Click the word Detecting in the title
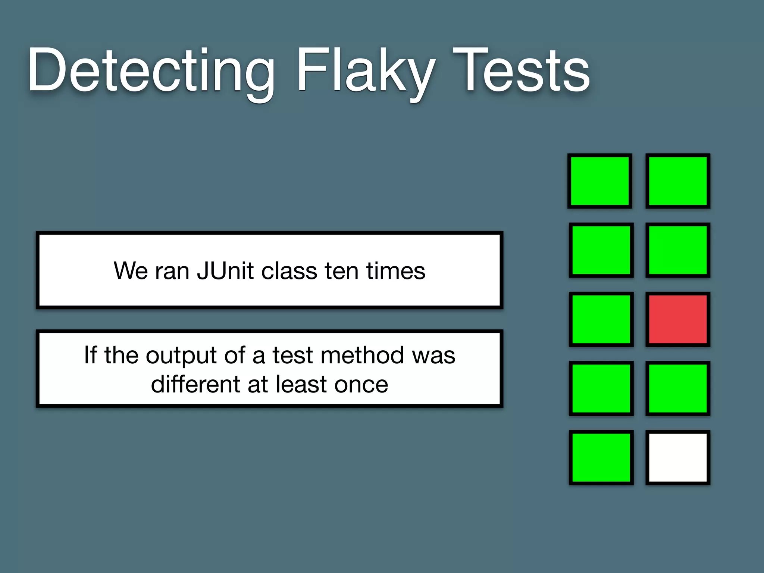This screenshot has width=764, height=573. tap(151, 71)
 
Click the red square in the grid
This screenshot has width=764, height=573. tap(678, 319)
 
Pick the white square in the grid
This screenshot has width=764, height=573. tap(678, 457)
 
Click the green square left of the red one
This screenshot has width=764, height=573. tap(601, 319)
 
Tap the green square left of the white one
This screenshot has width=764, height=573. tap(601, 457)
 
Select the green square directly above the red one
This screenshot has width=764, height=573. tap(678, 250)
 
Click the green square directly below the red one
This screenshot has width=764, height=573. tap(678, 388)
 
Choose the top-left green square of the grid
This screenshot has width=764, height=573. tap(600, 181)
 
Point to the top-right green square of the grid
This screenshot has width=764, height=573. tap(678, 181)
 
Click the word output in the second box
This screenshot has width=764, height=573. tap(181, 355)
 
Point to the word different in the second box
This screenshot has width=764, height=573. tap(196, 384)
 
